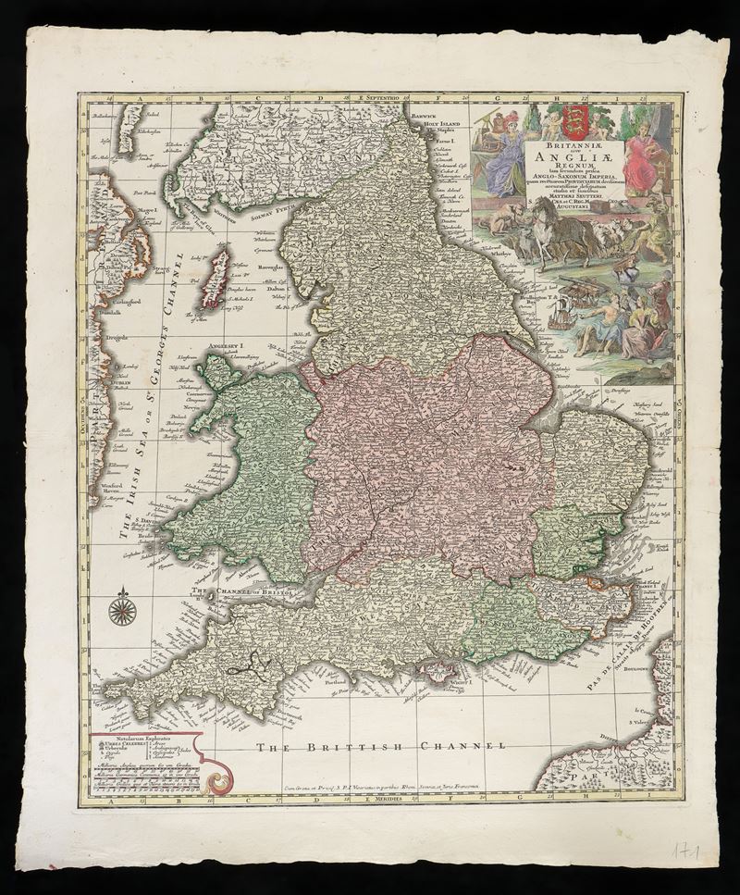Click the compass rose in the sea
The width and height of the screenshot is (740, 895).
pos(122,609)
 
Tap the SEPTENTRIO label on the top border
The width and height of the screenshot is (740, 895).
pos(387,96)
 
